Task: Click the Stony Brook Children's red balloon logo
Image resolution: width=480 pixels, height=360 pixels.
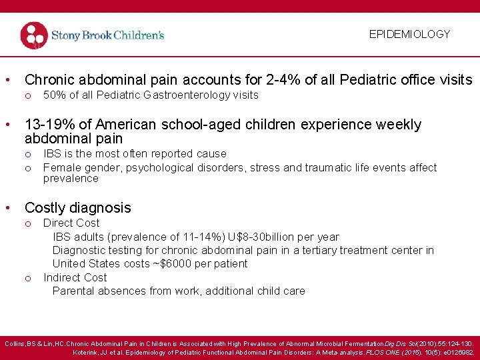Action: [34, 35]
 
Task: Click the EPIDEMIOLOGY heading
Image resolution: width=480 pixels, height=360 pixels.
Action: [409, 34]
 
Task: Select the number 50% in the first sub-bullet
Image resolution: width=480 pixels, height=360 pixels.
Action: [54, 95]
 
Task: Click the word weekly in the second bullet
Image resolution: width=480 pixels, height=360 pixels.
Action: [397, 125]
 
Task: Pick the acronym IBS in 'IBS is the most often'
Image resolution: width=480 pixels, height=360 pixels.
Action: [53, 154]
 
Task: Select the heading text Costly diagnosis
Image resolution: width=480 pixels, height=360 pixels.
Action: [77, 207]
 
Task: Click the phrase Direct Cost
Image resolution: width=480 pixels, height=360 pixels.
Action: [71, 223]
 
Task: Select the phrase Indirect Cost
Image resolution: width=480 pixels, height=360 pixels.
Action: [75, 277]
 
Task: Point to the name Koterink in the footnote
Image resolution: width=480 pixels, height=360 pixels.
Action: [89, 352]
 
